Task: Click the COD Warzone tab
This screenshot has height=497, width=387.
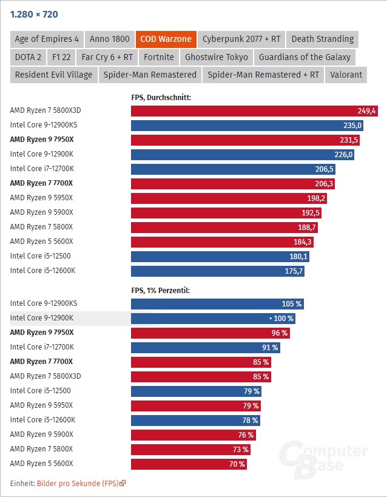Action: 165,39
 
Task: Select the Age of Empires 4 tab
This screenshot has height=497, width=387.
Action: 47,39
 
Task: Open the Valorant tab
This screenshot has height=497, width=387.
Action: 346,75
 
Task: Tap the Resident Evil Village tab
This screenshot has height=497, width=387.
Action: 54,75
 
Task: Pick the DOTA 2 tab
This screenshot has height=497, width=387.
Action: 28,57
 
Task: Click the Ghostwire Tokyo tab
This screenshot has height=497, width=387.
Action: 216,57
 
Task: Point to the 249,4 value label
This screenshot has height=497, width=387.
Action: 366,111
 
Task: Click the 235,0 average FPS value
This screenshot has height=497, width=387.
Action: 352,126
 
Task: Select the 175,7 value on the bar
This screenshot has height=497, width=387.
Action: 293,271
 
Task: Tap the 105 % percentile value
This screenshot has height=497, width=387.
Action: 292,304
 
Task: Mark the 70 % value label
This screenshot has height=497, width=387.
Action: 237,464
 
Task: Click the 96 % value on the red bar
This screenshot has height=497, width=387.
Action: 279,333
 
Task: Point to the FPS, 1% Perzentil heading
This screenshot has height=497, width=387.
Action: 161,290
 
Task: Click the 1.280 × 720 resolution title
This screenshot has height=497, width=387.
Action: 35,14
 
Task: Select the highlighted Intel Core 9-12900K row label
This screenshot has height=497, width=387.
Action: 42,318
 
